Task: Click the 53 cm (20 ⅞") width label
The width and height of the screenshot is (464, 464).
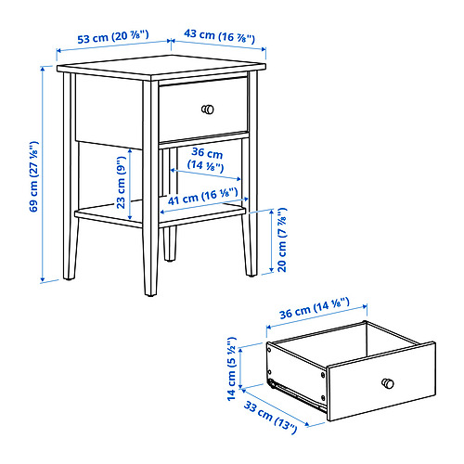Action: coord(113,37)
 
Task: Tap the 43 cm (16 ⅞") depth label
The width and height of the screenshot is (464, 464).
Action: coord(219,36)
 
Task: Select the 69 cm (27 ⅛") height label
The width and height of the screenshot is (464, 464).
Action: coord(33,176)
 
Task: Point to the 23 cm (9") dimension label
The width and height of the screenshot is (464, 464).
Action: coord(122,182)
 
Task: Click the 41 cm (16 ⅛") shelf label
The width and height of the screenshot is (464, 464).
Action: coord(203,197)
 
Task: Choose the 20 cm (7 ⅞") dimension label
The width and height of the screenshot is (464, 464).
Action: coord(282,239)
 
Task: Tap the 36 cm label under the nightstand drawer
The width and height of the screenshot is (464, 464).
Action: coord(207,159)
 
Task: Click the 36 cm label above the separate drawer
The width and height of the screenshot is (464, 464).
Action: coord(315,308)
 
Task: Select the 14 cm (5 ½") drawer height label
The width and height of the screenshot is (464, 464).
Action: coord(231,368)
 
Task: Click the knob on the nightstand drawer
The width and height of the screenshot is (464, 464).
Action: coord(208,110)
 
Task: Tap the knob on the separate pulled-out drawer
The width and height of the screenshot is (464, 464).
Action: coord(388,383)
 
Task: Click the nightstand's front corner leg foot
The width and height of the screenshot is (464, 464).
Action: coord(150,292)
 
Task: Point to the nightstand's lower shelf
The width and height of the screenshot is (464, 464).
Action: coord(160,213)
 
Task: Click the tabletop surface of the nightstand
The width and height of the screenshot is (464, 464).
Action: coord(161,66)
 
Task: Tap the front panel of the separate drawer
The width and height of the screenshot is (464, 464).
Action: coord(381,381)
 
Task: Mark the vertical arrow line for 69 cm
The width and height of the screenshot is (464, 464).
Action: coord(43,174)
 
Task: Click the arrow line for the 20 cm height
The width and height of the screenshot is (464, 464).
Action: coord(272,241)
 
